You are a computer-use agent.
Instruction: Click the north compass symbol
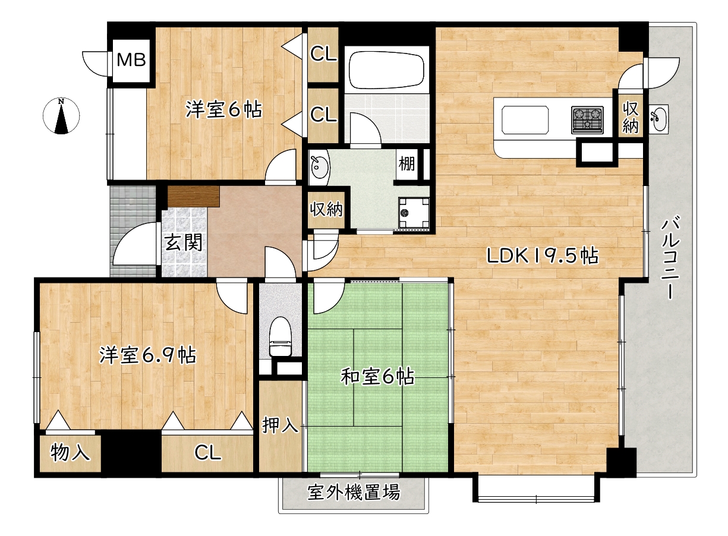[x=61, y=116]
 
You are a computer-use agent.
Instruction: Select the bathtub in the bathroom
[x=387, y=70]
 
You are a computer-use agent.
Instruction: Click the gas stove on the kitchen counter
[x=587, y=119]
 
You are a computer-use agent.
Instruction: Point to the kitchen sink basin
[x=526, y=119]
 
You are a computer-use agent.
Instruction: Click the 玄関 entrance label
[x=183, y=242]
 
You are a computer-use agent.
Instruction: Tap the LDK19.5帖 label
[x=542, y=256]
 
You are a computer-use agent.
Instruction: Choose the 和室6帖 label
[x=377, y=377]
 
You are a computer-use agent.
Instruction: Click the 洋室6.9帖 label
[x=147, y=355]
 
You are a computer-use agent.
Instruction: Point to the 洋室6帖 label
[x=223, y=109]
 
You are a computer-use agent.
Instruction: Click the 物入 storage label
[x=71, y=453]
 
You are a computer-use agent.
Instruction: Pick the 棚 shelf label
[x=406, y=163]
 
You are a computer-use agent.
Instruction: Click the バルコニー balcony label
[x=670, y=258]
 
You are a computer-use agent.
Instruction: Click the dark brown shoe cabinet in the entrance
[x=194, y=196]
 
